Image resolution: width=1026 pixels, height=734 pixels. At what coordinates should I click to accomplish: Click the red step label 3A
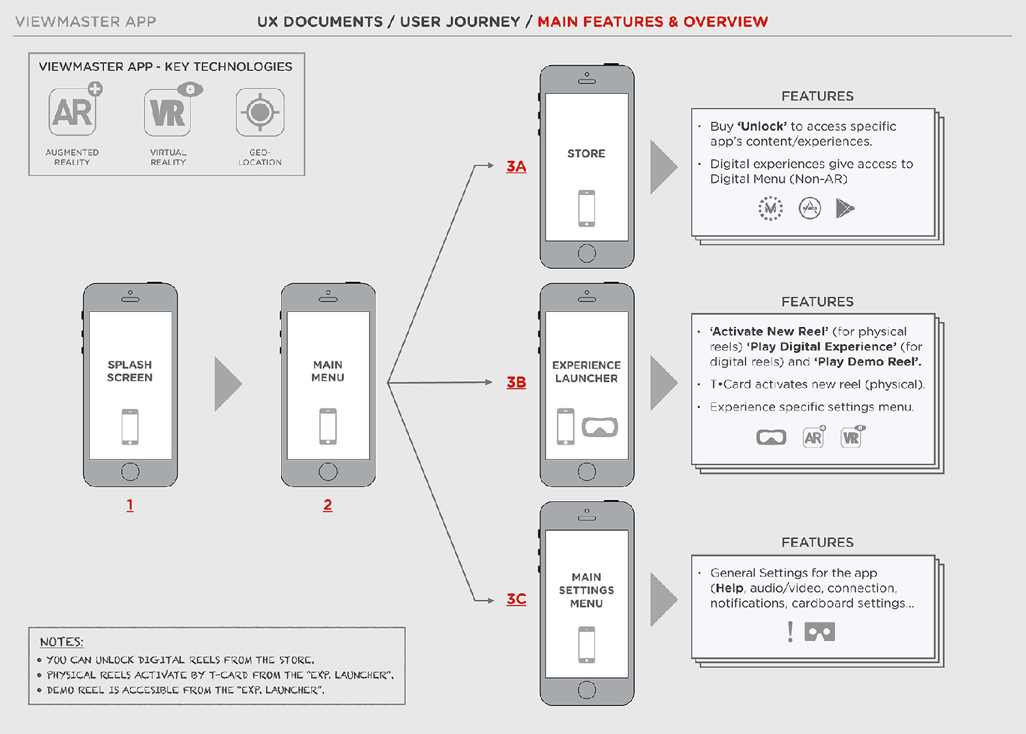516,166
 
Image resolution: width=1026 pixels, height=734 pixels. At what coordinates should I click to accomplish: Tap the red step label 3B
516,382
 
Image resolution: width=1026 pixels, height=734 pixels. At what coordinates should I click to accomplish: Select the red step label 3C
516,599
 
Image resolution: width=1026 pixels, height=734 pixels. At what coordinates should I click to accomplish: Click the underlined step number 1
130,505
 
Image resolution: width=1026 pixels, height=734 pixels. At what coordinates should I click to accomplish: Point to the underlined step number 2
328,505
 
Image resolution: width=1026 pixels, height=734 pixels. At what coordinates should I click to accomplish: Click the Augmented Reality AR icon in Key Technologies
73,112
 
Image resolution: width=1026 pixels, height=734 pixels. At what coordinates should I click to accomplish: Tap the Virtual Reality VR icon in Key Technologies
168,112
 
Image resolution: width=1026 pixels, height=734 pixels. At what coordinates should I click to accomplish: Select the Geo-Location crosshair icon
260,112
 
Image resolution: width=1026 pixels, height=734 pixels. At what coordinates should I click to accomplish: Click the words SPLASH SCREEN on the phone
130,371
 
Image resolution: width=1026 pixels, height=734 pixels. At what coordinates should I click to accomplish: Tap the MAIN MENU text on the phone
328,371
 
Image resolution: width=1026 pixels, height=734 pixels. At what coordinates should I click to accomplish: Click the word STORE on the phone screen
586,154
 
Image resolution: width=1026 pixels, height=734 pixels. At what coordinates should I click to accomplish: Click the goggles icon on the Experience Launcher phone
600,427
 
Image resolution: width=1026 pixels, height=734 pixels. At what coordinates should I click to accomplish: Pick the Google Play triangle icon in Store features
845,208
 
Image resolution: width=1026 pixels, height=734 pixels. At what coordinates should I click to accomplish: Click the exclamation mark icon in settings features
791,631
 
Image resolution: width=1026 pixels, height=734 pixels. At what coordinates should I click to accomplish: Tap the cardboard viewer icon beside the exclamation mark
819,631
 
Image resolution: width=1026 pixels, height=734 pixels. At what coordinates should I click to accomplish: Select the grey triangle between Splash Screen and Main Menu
228,383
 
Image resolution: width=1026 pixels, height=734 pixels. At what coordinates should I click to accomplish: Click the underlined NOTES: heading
62,642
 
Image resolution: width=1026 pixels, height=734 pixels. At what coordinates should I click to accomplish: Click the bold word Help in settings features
730,588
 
